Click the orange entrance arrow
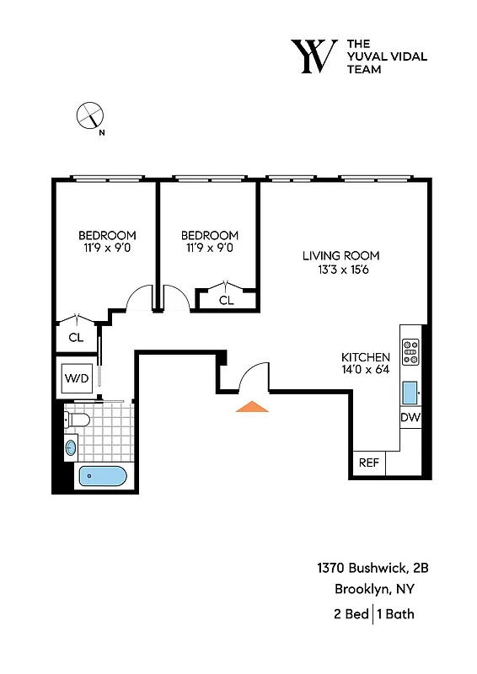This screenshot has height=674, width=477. click(x=252, y=407)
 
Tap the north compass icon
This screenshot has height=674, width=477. click(x=89, y=115)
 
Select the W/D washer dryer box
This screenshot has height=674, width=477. click(x=76, y=378)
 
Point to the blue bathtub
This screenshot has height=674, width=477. click(x=102, y=478)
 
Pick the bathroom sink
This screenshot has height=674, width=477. click(x=71, y=447)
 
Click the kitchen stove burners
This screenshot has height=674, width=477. click(x=410, y=351)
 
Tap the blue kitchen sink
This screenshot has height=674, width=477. click(x=410, y=393)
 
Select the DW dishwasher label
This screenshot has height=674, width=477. click(x=410, y=418)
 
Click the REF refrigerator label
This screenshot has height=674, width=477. click(x=368, y=463)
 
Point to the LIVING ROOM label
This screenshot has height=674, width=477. click(x=341, y=255)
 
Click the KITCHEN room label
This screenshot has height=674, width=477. click(x=365, y=357)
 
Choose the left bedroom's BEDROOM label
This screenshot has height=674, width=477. click(x=107, y=235)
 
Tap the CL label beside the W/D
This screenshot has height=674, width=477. click(x=76, y=337)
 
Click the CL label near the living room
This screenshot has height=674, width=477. click(x=227, y=300)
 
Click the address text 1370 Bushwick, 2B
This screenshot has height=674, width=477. click(x=367, y=569)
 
